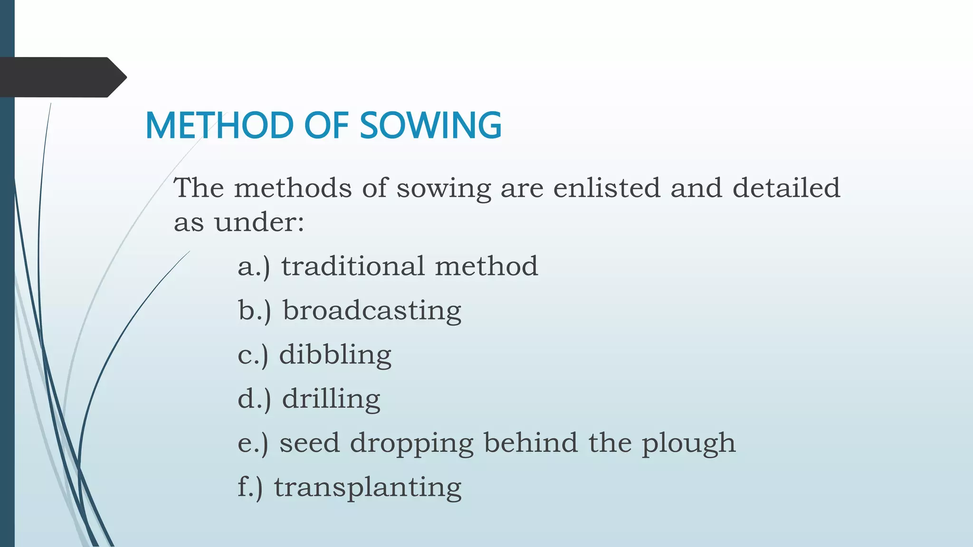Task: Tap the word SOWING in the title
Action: point(430,125)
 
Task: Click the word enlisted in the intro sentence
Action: point(607,188)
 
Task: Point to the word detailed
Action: point(786,188)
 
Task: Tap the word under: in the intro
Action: point(259,222)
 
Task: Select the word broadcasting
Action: point(372,311)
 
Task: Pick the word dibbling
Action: point(335,355)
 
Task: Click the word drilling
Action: point(331,399)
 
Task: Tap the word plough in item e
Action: point(688,443)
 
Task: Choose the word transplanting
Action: point(367,488)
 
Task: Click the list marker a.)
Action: point(254,266)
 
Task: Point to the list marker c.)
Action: point(253,355)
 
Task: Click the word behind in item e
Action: point(531,443)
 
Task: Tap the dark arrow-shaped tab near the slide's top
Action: point(62,77)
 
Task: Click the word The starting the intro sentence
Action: point(199,188)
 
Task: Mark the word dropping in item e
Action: point(411,443)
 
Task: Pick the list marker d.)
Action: point(254,399)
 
